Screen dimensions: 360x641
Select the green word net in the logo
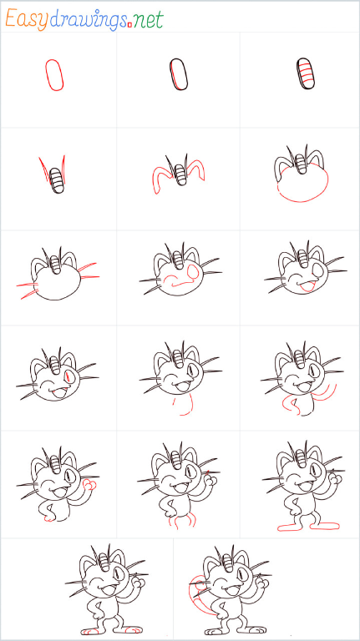pyautogui.click(x=148, y=20)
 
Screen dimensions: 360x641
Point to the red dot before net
pyautogui.click(x=129, y=25)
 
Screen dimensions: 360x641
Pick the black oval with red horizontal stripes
pyautogui.click(x=307, y=73)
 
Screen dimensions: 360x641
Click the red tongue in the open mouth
pyautogui.click(x=306, y=286)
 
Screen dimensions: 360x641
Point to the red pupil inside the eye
pyautogui.click(x=68, y=376)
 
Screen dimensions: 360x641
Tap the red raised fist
pyautogui.click(x=89, y=485)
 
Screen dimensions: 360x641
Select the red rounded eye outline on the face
pyautogui.click(x=192, y=270)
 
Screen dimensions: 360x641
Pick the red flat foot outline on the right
pyautogui.click(x=325, y=526)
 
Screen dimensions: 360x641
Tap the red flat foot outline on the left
pyautogui.click(x=292, y=527)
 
